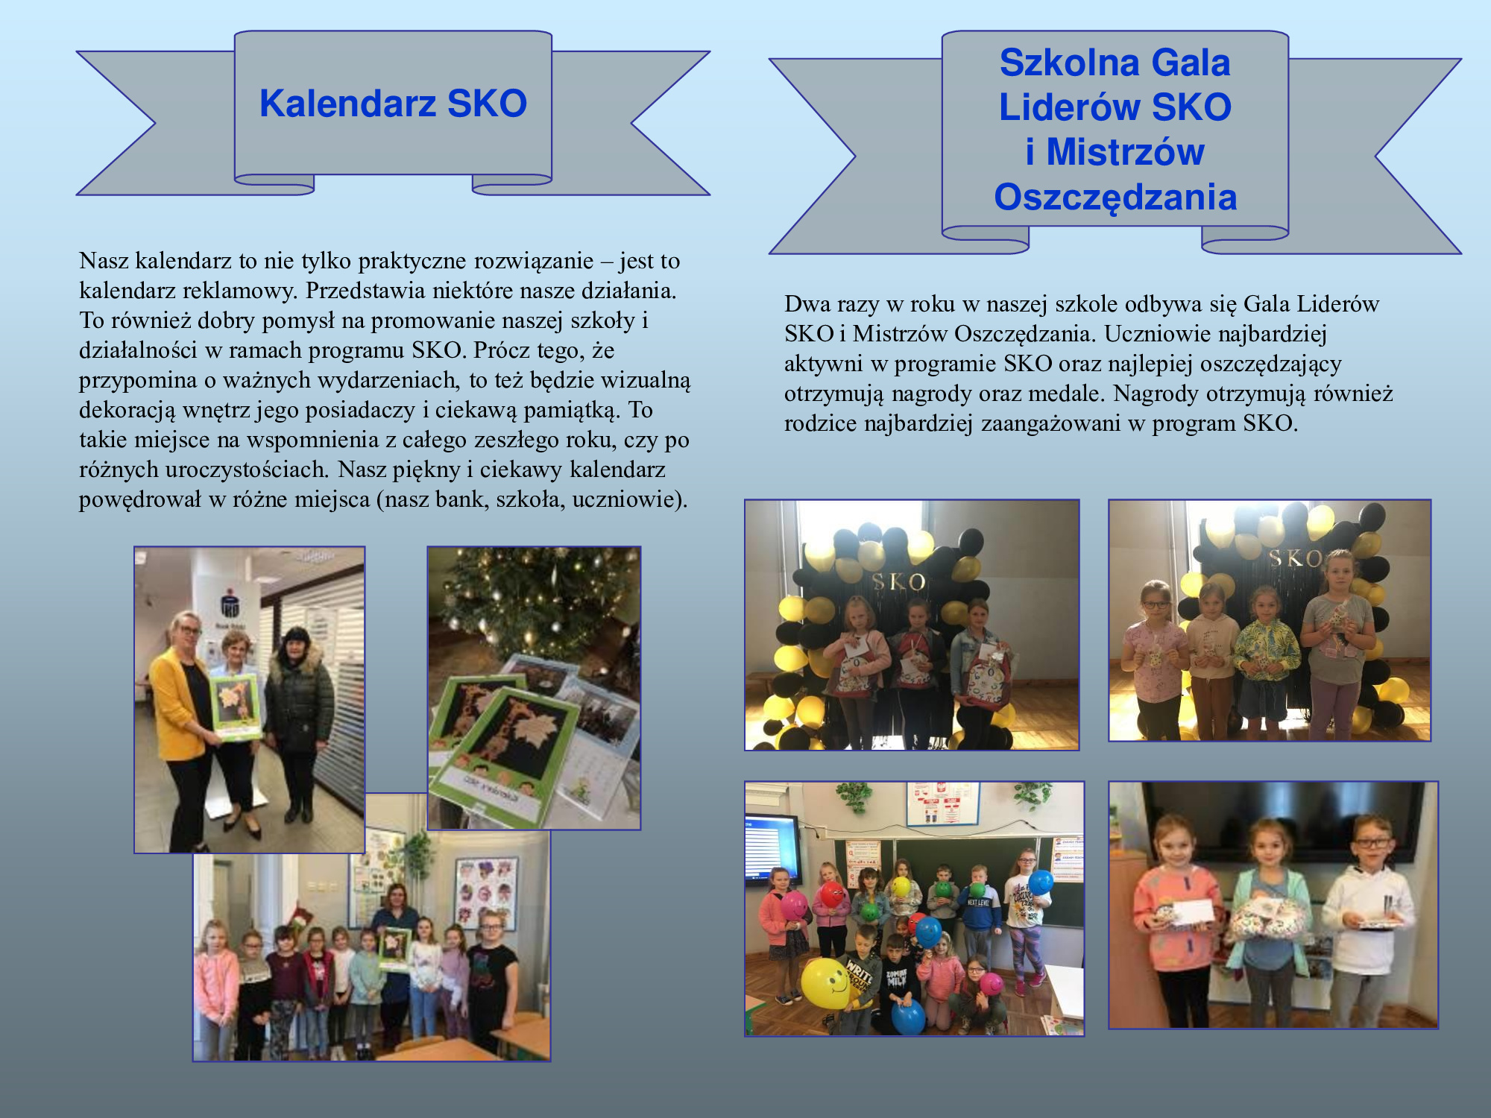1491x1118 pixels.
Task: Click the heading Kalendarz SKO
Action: pos(393,103)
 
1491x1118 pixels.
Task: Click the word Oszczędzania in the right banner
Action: pos(1115,198)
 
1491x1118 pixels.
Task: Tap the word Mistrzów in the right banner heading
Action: pos(1125,152)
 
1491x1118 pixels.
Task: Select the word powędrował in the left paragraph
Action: pos(140,499)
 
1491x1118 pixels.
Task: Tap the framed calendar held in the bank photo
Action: pos(236,708)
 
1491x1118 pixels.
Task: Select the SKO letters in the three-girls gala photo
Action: pos(898,581)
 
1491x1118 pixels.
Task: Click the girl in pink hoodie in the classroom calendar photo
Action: pos(215,988)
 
